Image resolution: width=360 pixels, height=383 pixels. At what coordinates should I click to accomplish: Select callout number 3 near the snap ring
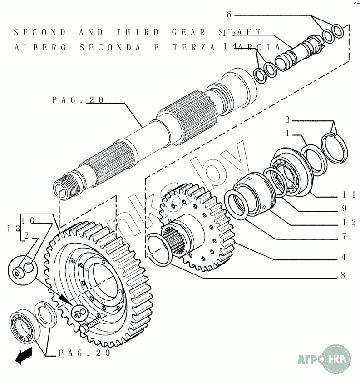(x=287, y=120)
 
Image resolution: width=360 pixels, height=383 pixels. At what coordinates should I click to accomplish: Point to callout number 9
(x=344, y=209)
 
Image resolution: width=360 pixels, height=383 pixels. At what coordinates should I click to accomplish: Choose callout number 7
(x=344, y=236)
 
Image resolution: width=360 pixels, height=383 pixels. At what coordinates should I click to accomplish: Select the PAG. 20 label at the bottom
(x=84, y=353)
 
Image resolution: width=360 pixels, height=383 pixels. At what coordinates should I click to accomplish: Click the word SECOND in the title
(x=40, y=32)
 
